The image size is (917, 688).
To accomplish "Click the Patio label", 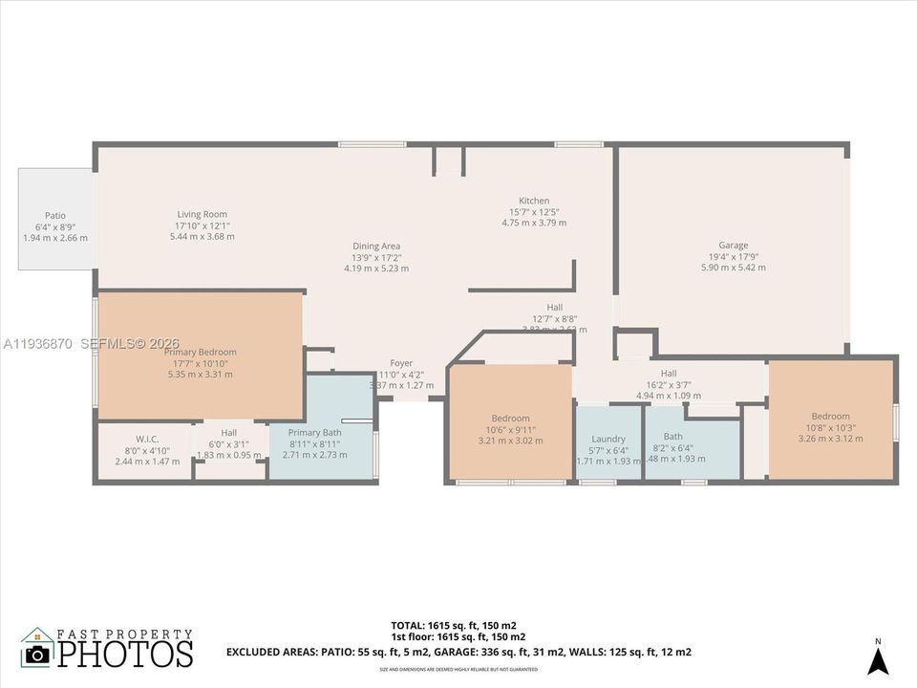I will (x=54, y=216).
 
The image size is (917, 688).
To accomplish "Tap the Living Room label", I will (x=202, y=214).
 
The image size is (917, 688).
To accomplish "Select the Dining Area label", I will (x=375, y=246).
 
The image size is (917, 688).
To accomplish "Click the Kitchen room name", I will (x=533, y=201).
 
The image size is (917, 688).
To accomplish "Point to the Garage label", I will (x=733, y=246).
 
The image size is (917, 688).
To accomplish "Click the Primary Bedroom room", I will (x=200, y=353).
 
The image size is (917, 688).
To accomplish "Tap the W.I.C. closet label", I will (x=146, y=439).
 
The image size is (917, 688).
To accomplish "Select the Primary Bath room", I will (x=314, y=433).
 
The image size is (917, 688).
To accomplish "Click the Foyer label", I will (x=401, y=363).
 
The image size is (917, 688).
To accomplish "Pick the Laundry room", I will (x=608, y=439).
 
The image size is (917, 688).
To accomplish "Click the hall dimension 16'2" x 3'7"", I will (x=669, y=384).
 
